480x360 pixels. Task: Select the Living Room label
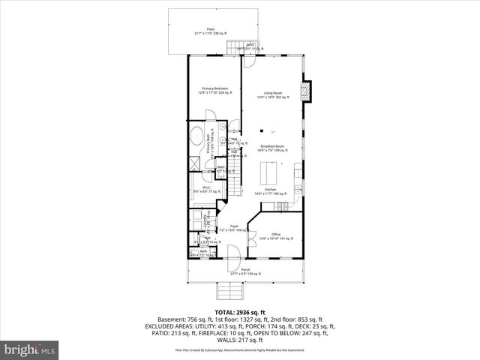pos(271,94)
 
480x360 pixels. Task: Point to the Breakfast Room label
pos(272,148)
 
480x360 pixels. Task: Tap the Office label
pos(275,235)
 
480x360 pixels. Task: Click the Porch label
pos(245,271)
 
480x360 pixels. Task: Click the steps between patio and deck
pos(237,48)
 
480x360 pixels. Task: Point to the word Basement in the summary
pos(168,319)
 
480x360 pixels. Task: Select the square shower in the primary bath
pos(193,162)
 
